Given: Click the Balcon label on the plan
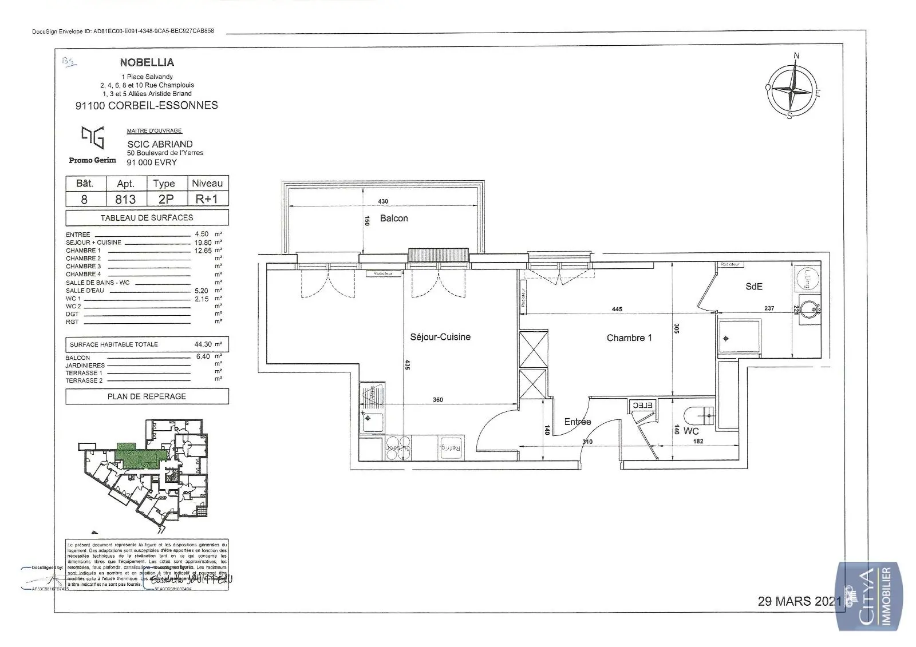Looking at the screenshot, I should pos(394,218).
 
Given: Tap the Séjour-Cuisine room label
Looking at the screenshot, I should pos(440,337).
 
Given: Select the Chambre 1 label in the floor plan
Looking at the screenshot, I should pos(629,338).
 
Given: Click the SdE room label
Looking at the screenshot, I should pos(754,286).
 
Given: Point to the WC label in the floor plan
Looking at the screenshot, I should pos(691,431).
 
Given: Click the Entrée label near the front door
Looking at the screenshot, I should pos(577,422).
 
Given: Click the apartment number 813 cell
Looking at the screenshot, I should pos(125,199).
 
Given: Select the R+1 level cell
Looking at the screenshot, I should pos(207,199).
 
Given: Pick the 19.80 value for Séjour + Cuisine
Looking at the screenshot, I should pos(202,243).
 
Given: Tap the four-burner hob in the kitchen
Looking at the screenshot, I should pos(398,447).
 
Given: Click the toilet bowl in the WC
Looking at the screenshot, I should pos(699,415).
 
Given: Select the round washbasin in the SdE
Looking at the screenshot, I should pos(808,309).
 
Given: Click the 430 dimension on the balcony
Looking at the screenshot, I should pos(383,201).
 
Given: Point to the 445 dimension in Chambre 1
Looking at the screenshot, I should pos(617,309).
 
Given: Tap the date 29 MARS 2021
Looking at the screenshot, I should pos(800,601).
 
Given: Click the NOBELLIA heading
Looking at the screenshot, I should pos(147,62).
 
